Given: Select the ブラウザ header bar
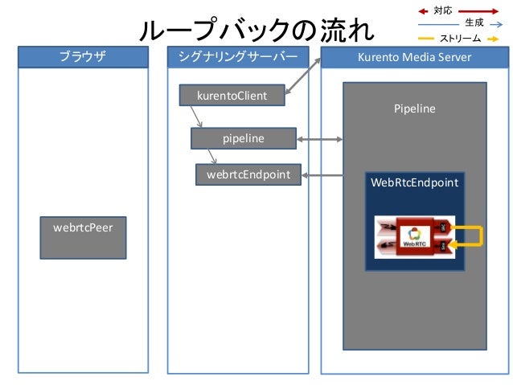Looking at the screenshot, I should coord(83,58).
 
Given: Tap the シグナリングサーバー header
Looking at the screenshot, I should coord(237,58).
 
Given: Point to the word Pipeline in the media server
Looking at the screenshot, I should coord(414,108).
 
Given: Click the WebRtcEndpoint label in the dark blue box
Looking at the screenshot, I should coord(414,183).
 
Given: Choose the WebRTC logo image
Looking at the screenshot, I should coord(414,236).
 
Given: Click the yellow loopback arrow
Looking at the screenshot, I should coord(473,236).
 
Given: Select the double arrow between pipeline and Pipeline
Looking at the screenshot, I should coord(320,140).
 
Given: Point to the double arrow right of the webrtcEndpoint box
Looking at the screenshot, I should coord(320,174).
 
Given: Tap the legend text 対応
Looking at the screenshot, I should coord(443,10).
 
